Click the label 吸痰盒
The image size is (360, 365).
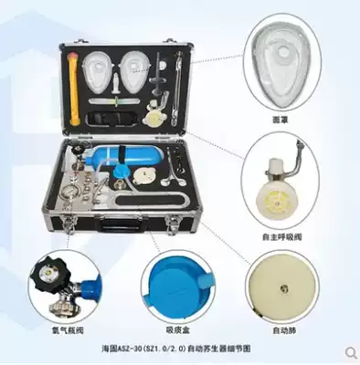tap(175, 326)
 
